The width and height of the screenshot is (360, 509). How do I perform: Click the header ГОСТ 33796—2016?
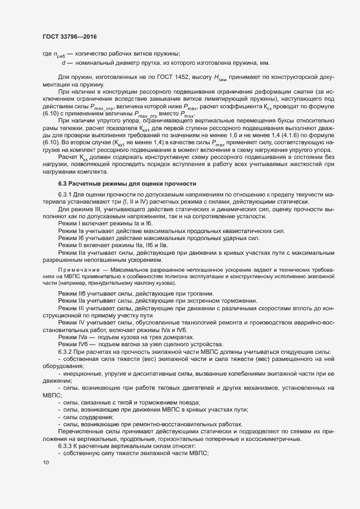[x=70, y=36]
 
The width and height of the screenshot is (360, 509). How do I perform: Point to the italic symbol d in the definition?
[x=64, y=63]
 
